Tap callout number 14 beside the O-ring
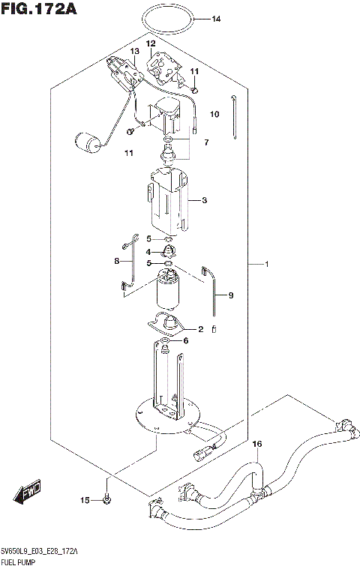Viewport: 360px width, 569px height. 216,19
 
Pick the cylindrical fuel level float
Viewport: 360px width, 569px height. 90,142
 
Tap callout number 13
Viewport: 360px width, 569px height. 135,51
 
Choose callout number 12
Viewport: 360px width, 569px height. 151,44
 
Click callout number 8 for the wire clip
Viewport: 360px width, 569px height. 117,261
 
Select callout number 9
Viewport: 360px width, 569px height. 231,295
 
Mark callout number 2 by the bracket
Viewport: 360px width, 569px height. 201,328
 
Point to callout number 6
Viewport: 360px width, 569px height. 186,340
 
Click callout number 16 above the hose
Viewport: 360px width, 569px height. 257,445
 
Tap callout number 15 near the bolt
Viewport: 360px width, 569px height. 85,500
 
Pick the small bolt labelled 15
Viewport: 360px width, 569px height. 106,500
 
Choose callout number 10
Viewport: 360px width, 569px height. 214,115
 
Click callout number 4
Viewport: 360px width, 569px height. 149,251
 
